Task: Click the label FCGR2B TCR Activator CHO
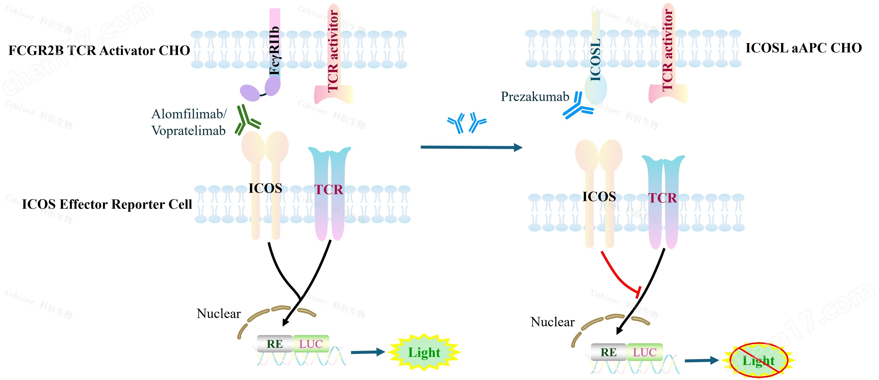pyautogui.click(x=99, y=51)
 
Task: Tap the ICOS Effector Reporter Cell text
pyautogui.click(x=107, y=204)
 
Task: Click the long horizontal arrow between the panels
pyautogui.click(x=471, y=147)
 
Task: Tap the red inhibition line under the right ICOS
pyautogui.click(x=618, y=275)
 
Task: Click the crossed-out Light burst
pyautogui.click(x=758, y=360)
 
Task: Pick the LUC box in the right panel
pyautogui.click(x=645, y=352)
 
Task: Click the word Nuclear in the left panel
pyautogui.click(x=219, y=313)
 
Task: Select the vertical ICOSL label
pyautogui.click(x=595, y=60)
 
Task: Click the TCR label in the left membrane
pyautogui.click(x=328, y=189)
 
